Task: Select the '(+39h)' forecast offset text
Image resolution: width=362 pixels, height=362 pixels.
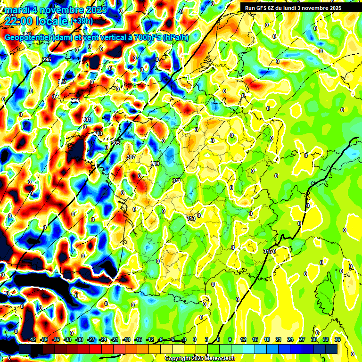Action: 82,21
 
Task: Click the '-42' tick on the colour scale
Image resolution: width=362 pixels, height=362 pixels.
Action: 33,339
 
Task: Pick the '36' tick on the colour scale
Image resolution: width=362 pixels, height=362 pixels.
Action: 337,339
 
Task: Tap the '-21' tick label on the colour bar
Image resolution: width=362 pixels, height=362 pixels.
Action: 115,339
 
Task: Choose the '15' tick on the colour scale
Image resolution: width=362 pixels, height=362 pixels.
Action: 255,339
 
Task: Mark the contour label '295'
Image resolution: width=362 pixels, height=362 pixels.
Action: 47,59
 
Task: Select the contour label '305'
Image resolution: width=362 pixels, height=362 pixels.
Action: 115,142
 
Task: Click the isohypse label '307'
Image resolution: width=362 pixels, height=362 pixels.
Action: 131,156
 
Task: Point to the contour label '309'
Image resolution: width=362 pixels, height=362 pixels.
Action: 155,164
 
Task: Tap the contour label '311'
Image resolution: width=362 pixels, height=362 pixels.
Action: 177,181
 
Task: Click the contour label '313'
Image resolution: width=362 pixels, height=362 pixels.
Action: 191,218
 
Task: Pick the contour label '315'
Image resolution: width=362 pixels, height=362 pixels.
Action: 269,251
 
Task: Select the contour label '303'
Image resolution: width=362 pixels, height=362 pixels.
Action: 98,133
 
